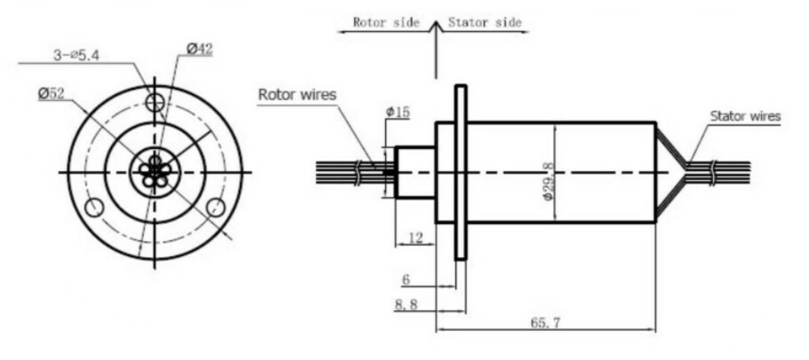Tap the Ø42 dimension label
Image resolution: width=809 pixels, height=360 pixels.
click(200, 50)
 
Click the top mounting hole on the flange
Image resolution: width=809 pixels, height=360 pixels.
click(155, 102)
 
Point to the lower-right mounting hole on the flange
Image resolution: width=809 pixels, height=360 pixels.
click(216, 207)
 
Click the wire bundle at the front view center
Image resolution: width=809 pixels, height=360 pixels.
click(155, 171)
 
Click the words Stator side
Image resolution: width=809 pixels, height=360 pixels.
click(484, 22)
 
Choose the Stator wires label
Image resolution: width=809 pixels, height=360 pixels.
click(745, 115)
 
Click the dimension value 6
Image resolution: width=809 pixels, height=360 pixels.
click(405, 279)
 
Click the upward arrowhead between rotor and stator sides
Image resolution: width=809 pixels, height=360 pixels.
click(435, 27)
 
